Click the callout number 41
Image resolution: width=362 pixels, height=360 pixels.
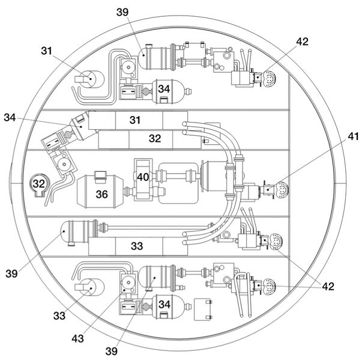354,136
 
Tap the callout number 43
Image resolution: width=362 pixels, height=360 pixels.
77,338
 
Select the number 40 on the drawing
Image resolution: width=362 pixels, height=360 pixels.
143,177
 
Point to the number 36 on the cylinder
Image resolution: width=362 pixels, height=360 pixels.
102,194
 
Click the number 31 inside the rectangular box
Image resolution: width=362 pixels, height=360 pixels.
135,120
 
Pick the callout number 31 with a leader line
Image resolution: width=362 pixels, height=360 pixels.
47,51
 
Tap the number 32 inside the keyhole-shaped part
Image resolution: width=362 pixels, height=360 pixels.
39,183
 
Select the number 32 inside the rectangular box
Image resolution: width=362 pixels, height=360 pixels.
155,138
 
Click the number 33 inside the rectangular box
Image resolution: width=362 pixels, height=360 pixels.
137,246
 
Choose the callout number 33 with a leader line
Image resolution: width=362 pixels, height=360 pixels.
59,316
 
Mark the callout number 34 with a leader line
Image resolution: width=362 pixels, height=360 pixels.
10,117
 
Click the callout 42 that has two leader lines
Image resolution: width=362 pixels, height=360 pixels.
328,286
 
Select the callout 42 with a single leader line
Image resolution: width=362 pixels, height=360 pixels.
302,41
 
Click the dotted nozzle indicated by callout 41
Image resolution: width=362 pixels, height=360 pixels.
282,189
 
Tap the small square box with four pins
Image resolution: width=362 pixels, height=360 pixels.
203,310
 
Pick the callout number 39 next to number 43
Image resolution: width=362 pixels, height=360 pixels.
112,351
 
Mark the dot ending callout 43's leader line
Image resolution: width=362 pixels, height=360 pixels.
124,290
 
